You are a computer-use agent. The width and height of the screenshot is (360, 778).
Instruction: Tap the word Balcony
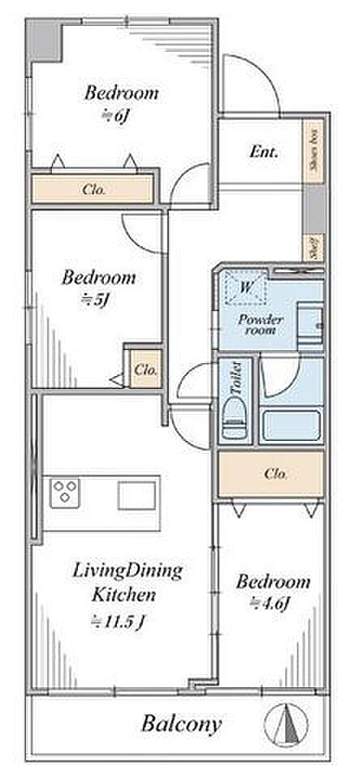coord(181,725)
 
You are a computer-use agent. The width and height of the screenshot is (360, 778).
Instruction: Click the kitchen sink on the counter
coord(136,496)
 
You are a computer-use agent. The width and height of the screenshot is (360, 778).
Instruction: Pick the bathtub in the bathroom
coord(291,425)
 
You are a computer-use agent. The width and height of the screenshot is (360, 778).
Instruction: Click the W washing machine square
coord(246,287)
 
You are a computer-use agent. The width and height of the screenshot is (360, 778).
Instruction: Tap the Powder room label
coord(261,324)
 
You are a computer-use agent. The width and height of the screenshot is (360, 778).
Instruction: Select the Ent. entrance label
coord(264,152)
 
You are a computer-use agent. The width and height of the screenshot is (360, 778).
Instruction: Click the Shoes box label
coord(314,151)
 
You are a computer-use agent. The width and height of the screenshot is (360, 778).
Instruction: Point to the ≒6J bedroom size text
coord(118,115)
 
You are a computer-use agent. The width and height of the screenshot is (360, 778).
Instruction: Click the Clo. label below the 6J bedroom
coord(94,190)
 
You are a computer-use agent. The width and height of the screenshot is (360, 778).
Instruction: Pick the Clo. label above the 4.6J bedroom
coord(276,474)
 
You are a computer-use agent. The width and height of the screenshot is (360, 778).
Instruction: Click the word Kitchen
coord(124,595)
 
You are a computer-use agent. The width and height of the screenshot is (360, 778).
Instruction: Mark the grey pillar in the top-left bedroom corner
coord(44,40)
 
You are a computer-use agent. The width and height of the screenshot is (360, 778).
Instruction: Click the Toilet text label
coord(236,378)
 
